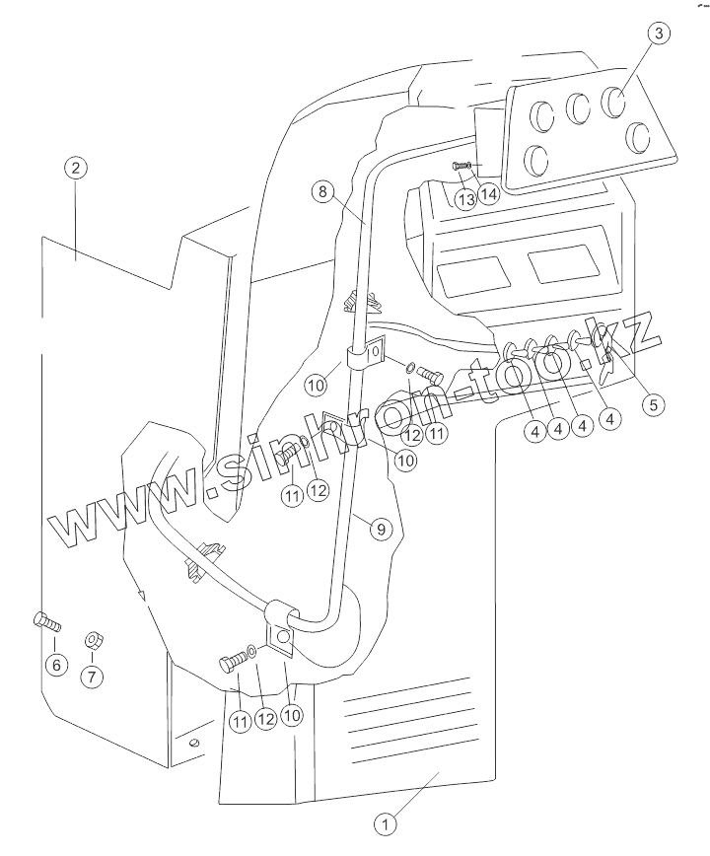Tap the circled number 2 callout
(75, 167)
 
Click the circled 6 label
(55, 665)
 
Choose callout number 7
(93, 676)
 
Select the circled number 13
(465, 197)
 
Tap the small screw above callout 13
(461, 166)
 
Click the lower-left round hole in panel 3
(539, 158)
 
